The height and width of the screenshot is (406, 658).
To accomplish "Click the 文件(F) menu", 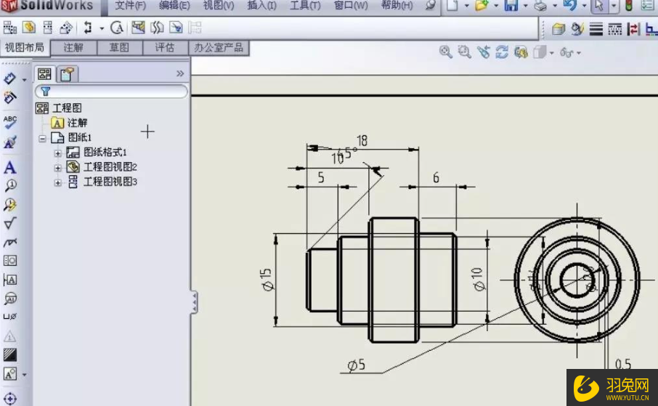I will tap(130, 6).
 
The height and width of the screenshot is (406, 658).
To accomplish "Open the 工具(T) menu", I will tap(305, 6).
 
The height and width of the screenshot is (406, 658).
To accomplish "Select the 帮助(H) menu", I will tap(397, 6).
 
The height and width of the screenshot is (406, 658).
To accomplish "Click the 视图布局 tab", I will tap(25, 48).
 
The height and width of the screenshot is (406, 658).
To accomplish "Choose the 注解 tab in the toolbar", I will tap(73, 48).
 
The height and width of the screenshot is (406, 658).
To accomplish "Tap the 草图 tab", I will tap(119, 48).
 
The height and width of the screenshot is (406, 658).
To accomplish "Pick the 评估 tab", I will tap(165, 48).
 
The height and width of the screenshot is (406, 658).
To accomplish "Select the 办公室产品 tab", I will tap(219, 48).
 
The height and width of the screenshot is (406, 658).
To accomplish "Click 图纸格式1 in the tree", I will tap(105, 153).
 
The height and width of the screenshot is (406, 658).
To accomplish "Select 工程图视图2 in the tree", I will tap(110, 167).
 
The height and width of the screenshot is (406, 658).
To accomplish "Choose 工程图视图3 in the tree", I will tap(110, 182).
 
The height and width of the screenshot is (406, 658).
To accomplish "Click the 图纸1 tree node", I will tap(79, 138).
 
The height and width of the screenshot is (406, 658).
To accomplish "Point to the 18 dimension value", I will tap(362, 140).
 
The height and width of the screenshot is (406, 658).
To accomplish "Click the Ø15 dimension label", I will tap(267, 280).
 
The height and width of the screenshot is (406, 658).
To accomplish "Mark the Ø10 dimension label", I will tap(477, 279).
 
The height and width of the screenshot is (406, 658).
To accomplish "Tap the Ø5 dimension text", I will tap(356, 365).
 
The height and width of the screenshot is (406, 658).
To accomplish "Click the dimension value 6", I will tap(436, 178).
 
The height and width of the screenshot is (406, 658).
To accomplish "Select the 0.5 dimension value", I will tap(622, 364).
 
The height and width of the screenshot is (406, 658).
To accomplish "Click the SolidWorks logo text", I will tap(57, 6).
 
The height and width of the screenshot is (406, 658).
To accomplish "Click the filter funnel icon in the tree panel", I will tap(45, 92).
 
